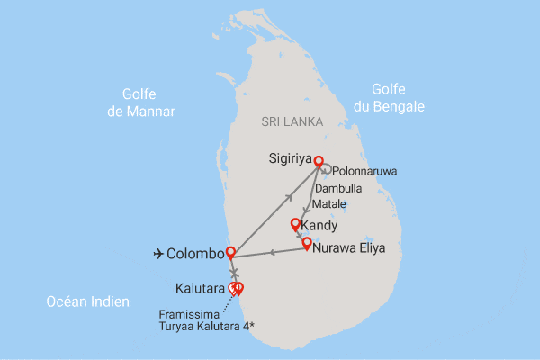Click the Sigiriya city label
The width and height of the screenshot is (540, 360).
coord(289,159)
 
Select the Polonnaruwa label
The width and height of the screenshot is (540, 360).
coord(364,171)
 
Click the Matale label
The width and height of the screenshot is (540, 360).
coord(328,205)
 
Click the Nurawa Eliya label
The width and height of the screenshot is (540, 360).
coord(347,244)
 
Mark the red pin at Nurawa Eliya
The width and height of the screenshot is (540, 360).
coord(307,242)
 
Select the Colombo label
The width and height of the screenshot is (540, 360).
coord(195,255)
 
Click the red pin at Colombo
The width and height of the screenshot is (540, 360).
coord(230,253)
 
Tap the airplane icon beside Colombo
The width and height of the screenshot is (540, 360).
coord(160,255)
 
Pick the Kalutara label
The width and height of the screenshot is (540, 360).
coord(201,289)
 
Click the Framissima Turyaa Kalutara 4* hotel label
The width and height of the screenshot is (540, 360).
coord(204,319)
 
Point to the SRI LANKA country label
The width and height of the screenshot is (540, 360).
coord(287,121)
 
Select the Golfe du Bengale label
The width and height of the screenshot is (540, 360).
coord(400,97)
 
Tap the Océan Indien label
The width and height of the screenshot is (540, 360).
coord(87,301)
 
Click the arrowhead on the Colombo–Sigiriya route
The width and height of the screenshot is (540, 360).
coord(290,195)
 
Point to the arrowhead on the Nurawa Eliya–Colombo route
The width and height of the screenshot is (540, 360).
coord(271,253)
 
